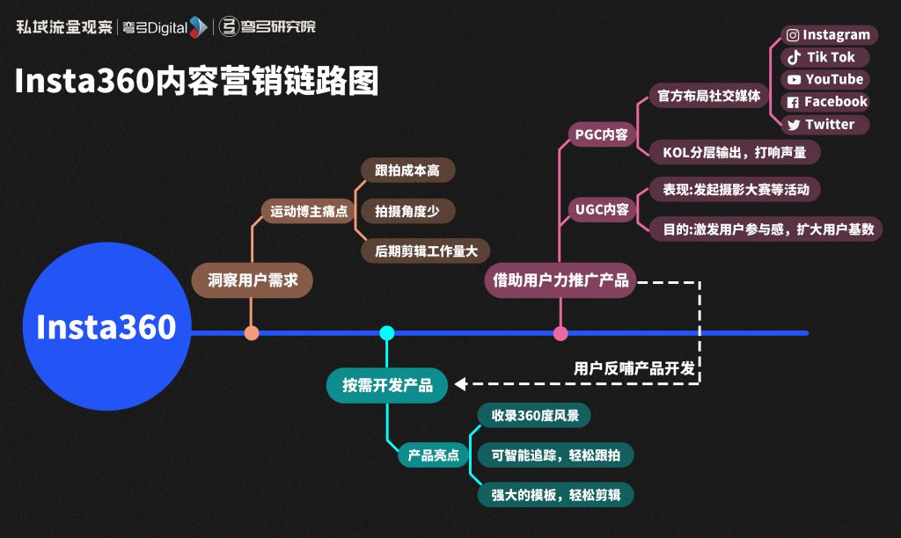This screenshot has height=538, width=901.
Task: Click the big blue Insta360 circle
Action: coord(106,327)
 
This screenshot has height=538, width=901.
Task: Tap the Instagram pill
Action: coord(828,35)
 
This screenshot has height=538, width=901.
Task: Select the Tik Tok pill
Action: coord(824,57)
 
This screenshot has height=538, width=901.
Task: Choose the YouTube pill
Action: coord(824,79)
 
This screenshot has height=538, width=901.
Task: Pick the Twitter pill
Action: coord(824,125)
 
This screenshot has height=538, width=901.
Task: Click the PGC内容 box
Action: coord(601,134)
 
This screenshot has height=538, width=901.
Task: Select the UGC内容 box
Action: coord(601,210)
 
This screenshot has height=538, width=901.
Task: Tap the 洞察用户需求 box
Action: coord(253,281)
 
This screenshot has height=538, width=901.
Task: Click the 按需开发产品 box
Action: coord(386,385)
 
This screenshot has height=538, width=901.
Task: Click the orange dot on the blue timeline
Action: coord(252,333)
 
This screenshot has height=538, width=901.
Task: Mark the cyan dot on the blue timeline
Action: coord(386,333)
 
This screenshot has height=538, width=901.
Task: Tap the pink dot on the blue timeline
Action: coord(560,333)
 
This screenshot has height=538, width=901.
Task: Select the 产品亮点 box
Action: coord(433,455)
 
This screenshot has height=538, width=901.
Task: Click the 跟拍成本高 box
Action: coord(407,171)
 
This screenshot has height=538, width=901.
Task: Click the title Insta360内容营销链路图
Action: coord(196,82)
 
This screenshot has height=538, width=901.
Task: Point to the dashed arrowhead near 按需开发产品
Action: coord(460,384)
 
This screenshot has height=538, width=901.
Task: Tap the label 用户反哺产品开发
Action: coord(634,368)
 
